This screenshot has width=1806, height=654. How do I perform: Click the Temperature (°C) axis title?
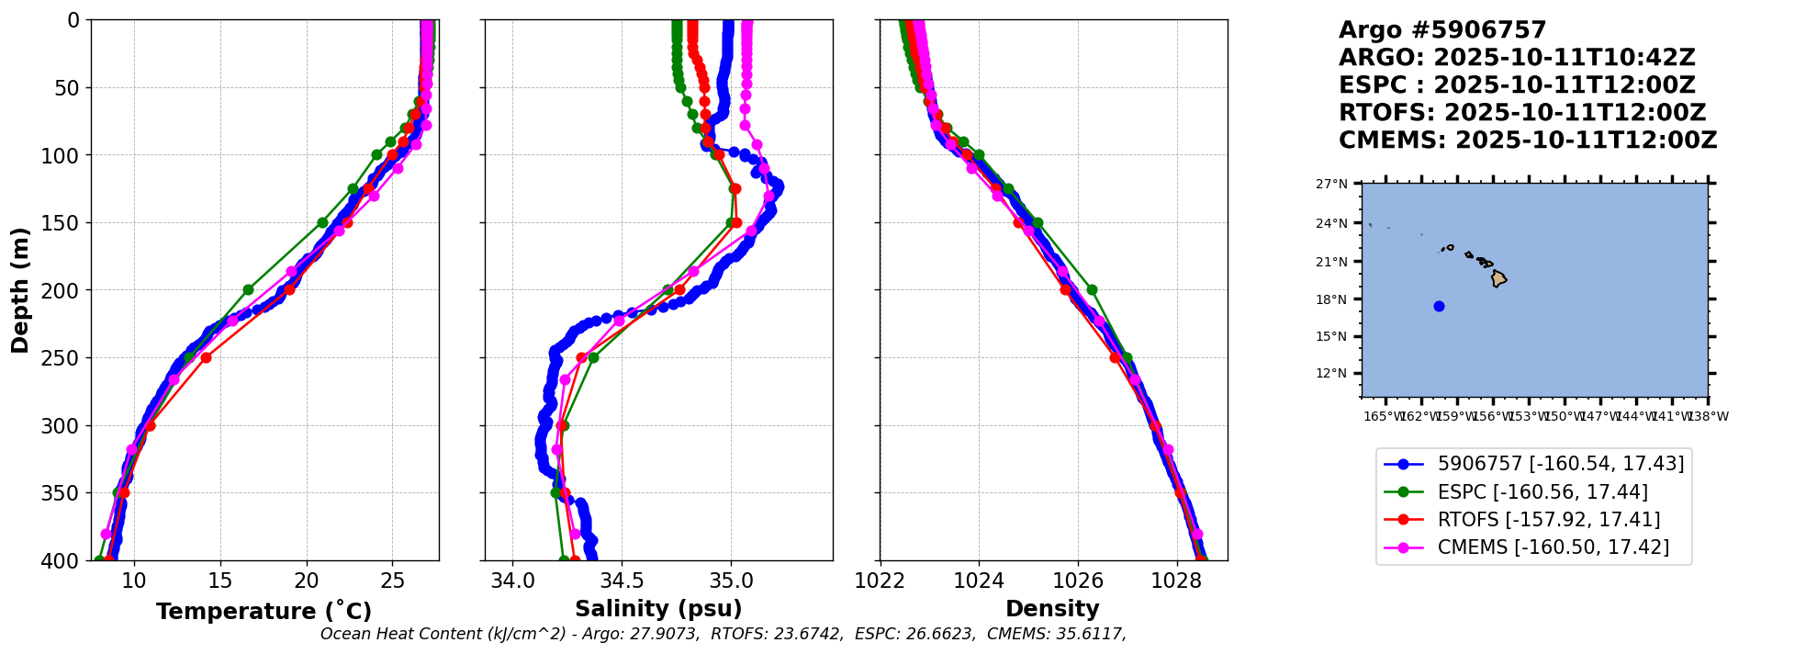coord(264,611)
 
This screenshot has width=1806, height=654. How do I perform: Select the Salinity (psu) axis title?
coord(658,609)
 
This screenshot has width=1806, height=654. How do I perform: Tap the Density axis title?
coord(1052,609)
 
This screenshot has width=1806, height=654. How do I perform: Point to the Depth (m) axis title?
coord(20,289)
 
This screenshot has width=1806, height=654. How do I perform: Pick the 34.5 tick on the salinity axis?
coord(622,581)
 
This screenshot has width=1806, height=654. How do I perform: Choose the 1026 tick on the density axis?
coord(1077,581)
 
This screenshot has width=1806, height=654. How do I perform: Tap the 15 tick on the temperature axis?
coord(220,581)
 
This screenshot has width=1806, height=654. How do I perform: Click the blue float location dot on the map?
coord(1439,306)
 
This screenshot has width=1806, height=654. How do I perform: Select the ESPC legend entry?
coord(1542,492)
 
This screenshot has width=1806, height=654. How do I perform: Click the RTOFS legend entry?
coord(1548,520)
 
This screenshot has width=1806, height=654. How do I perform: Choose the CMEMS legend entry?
coord(1553,547)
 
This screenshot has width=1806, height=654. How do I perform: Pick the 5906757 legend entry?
coord(1560,465)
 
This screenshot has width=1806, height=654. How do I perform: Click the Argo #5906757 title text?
coord(1441,30)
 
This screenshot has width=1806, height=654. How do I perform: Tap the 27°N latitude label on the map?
coord(1331,184)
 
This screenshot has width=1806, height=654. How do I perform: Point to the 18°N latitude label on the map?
coord(1331,299)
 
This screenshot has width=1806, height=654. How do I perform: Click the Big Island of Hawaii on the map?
coord(1498,278)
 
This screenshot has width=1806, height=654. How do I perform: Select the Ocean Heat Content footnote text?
coord(723,634)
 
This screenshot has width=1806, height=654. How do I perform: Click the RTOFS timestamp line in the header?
coord(1521,113)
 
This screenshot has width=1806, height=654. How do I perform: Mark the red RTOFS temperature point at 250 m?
coord(206,357)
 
